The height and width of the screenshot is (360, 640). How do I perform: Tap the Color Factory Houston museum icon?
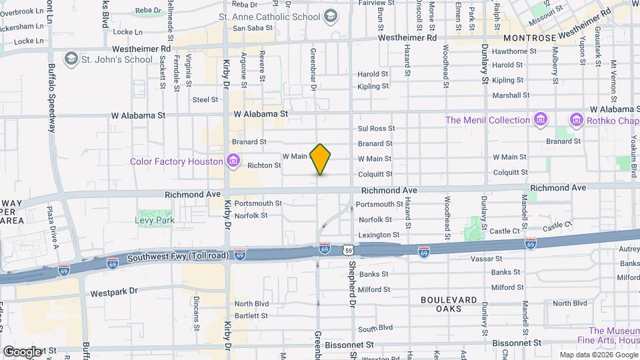pyautogui.click(x=233, y=161)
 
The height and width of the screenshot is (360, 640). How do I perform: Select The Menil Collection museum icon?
pyautogui.click(x=541, y=120)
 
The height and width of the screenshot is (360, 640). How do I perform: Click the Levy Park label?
pyautogui.click(x=155, y=220)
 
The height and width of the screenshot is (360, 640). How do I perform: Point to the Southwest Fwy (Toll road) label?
pyautogui.click(x=178, y=256)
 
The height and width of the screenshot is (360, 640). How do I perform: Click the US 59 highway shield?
pyautogui.click(x=348, y=249)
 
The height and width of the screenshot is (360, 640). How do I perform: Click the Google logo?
pyautogui.click(x=22, y=351)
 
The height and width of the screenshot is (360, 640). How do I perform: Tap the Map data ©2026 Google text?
pyautogui.click(x=598, y=355)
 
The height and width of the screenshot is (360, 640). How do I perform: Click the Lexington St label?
pyautogui.click(x=379, y=235)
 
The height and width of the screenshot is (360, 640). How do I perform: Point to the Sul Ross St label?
pyautogui.click(x=376, y=128)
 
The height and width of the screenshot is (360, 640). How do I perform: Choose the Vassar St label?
pyautogui.click(x=505, y=258)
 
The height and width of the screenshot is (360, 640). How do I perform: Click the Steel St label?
pyautogui.click(x=205, y=99)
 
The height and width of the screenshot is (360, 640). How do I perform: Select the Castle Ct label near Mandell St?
pyautogui.click(x=504, y=231)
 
